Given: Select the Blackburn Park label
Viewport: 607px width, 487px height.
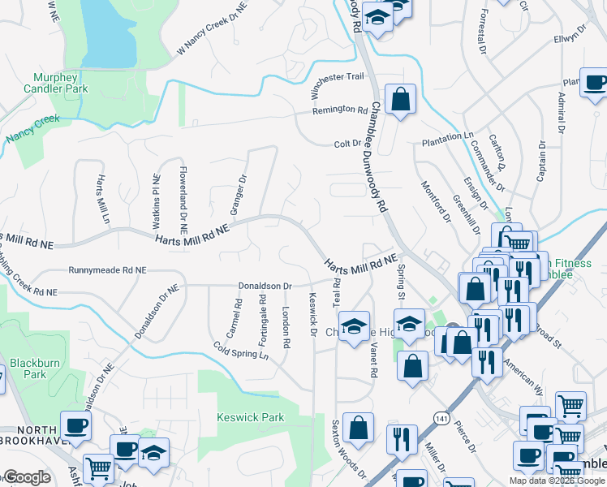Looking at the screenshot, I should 35,368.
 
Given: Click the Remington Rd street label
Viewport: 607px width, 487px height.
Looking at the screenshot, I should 340,109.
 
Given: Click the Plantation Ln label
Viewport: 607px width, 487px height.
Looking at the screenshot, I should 446,139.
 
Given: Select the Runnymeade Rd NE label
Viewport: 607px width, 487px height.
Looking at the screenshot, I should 107,269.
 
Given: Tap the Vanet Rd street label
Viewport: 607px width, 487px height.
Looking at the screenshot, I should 374,360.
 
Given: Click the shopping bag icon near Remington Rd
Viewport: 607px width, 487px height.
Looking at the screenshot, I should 400,100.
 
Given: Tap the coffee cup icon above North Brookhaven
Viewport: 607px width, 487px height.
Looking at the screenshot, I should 75,425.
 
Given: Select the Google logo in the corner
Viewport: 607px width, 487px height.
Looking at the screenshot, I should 25,477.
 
